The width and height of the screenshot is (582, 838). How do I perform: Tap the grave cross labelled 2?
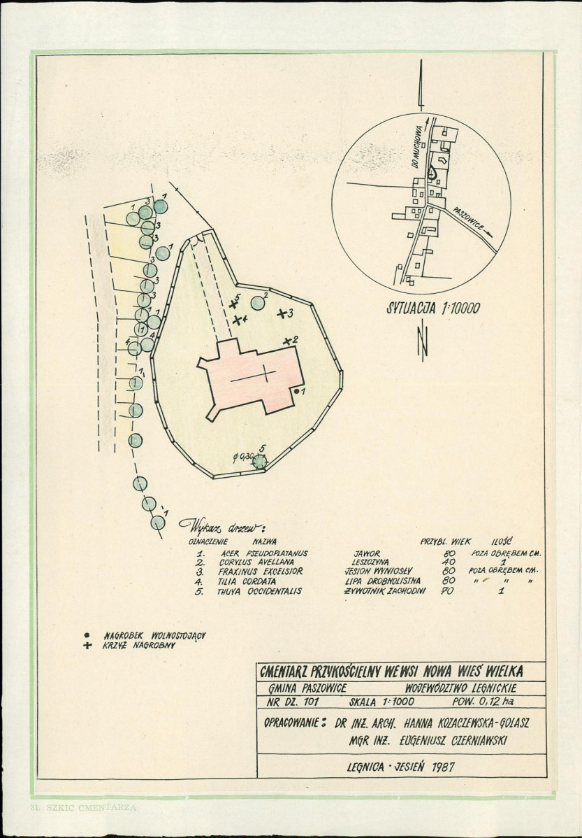click(x=287, y=341)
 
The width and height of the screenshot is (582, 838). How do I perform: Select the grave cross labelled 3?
click(x=282, y=313)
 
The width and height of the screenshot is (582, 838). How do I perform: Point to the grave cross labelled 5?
click(x=233, y=303)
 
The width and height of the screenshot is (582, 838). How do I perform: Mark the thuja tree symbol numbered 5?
click(x=260, y=460)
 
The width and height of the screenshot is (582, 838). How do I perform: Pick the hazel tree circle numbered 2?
click(x=258, y=303)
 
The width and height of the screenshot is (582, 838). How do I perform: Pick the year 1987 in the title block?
click(x=439, y=767)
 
